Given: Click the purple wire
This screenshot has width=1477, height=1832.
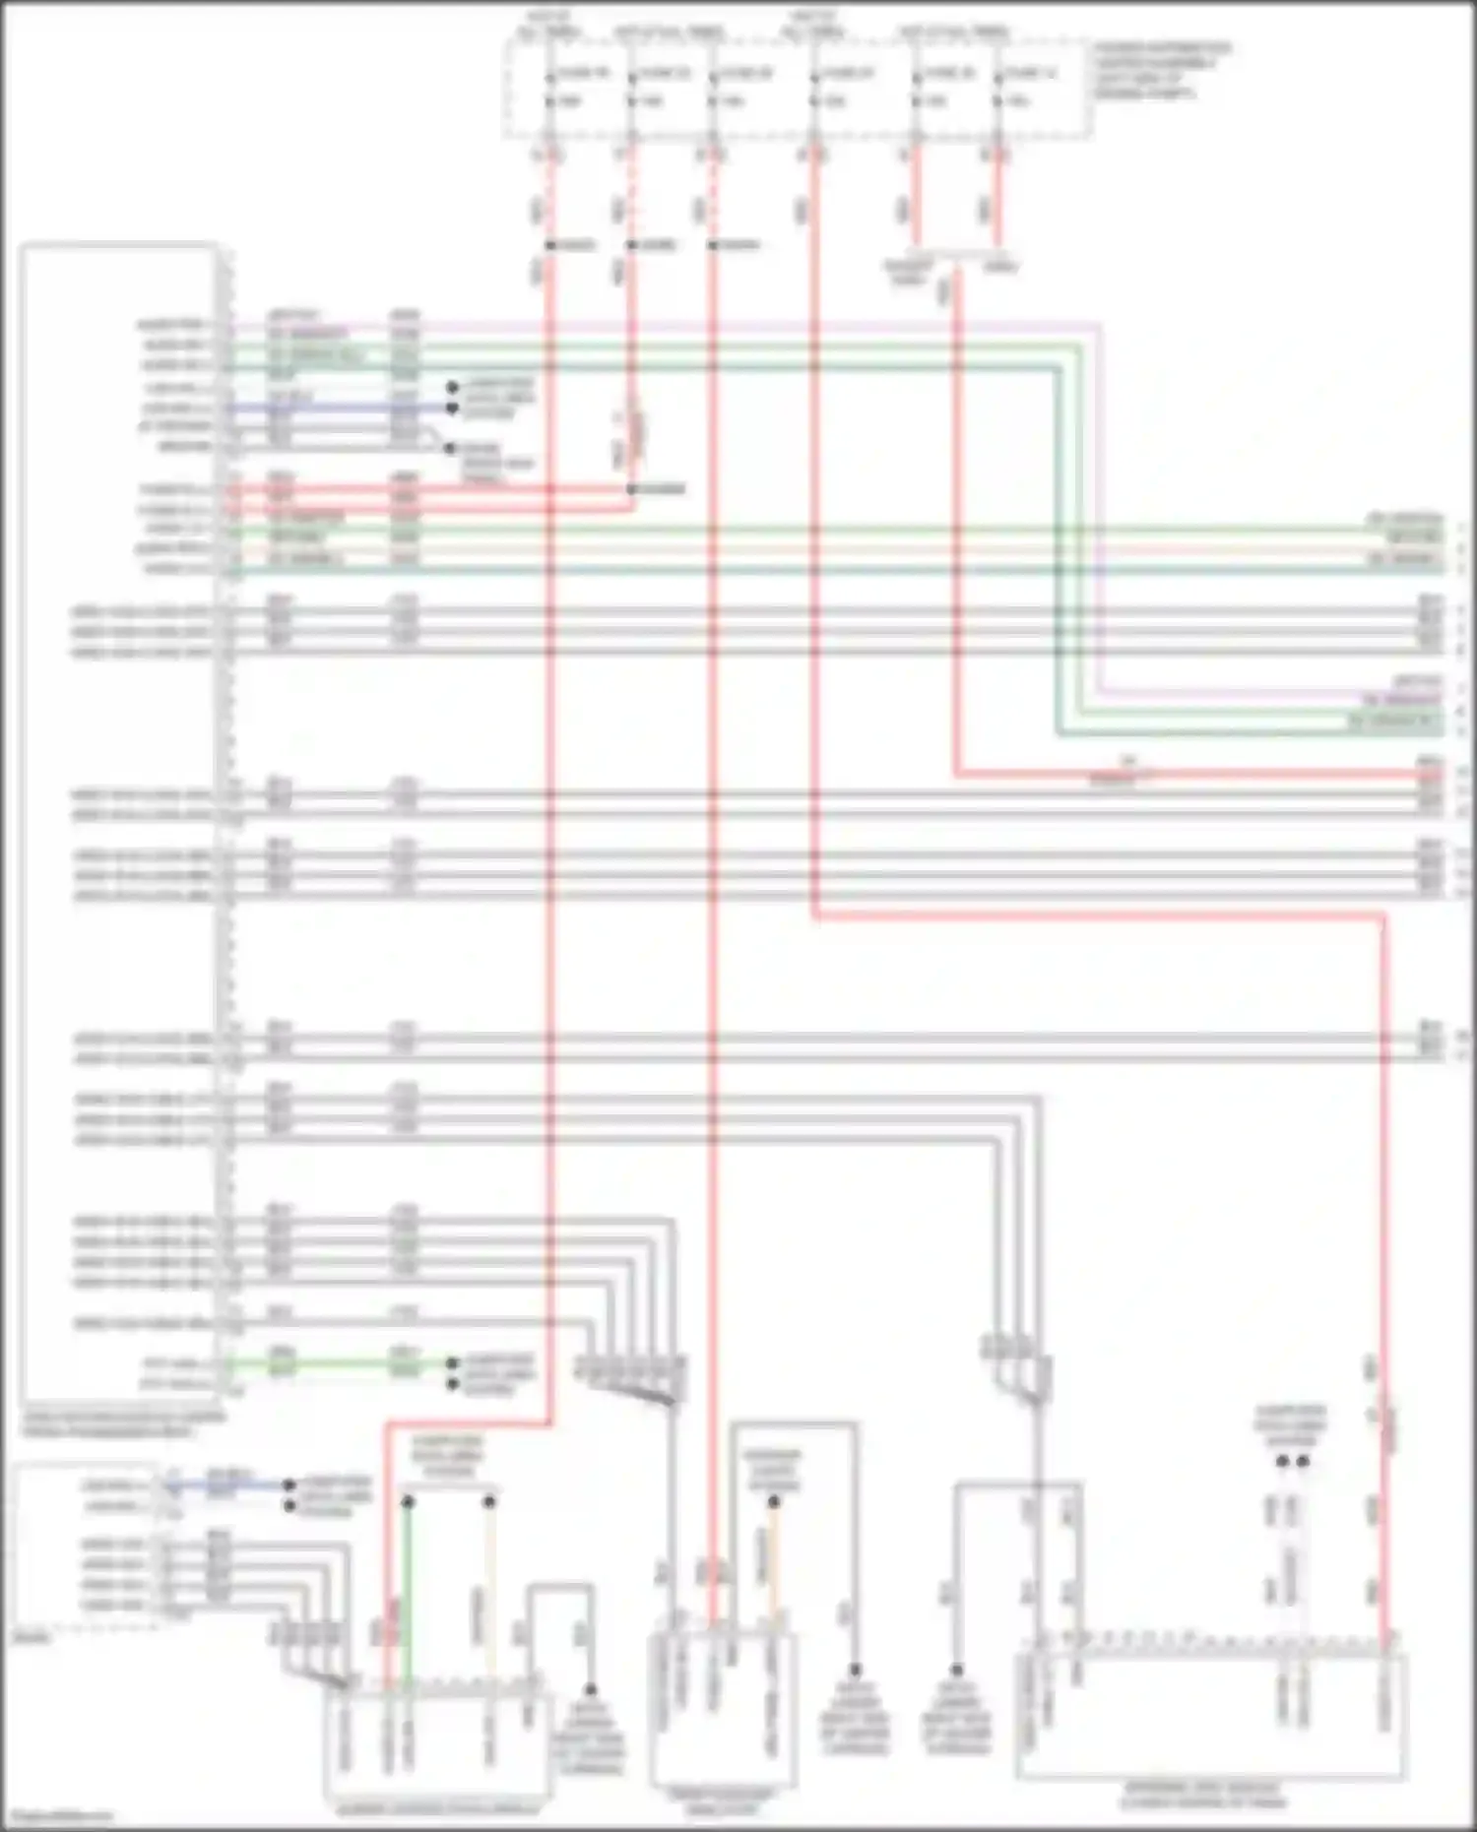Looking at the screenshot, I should click(689, 325).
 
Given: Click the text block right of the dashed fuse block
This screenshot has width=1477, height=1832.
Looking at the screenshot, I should click(1162, 71).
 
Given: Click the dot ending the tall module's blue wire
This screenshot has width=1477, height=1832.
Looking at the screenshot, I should click(453, 408).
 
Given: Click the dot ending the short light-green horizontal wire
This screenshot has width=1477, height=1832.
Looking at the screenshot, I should click(453, 1363).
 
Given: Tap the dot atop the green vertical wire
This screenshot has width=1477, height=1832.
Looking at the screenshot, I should click(408, 1502).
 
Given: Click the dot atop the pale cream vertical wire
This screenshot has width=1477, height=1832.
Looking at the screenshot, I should click(489, 1502).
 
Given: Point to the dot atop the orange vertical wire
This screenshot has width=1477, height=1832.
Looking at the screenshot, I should click(774, 1502).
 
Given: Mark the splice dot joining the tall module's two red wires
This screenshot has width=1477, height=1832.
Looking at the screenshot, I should click(631, 489).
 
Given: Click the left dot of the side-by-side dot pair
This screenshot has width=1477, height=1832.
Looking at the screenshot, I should click(1282, 1461).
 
